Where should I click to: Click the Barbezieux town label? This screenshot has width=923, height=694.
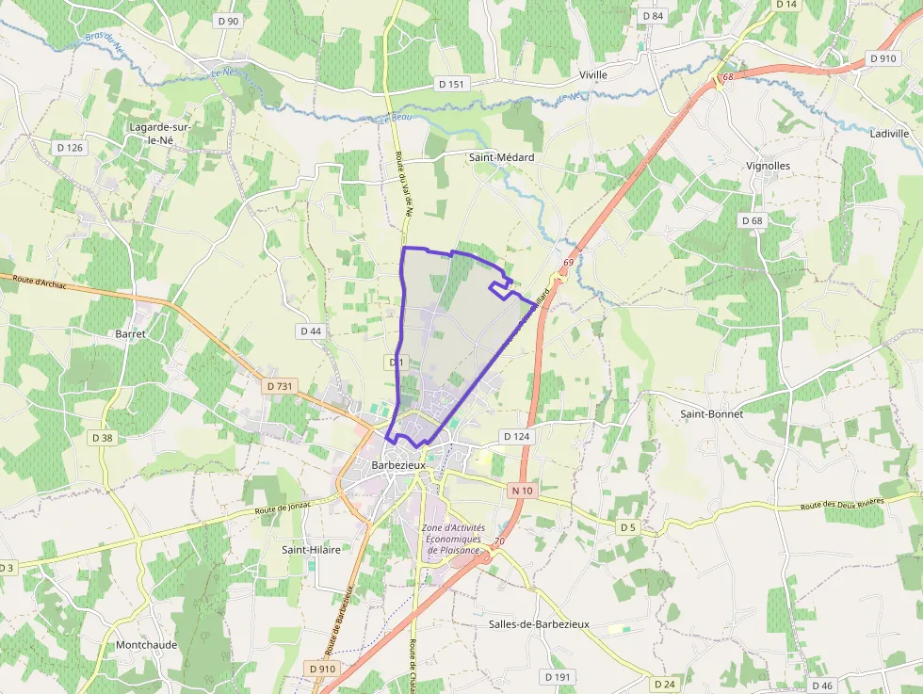click(x=399, y=465)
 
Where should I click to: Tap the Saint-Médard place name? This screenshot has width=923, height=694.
click(x=501, y=157)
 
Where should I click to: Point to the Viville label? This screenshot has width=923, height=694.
click(x=593, y=74)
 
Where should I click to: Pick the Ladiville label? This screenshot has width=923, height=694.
click(x=889, y=134)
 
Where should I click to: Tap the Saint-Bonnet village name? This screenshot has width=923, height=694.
click(x=712, y=413)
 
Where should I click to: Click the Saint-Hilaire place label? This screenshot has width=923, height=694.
click(x=312, y=548)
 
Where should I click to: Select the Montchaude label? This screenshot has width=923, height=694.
click(x=146, y=645)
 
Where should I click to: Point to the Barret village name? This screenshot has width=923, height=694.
click(x=130, y=333)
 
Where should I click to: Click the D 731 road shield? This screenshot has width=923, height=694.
click(x=280, y=386)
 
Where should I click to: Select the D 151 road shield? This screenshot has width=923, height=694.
click(x=452, y=84)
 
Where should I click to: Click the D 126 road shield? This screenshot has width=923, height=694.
click(x=70, y=148)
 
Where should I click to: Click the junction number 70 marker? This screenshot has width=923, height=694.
click(x=499, y=541)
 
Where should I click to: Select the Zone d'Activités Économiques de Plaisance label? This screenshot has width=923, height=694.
click(x=454, y=539)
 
